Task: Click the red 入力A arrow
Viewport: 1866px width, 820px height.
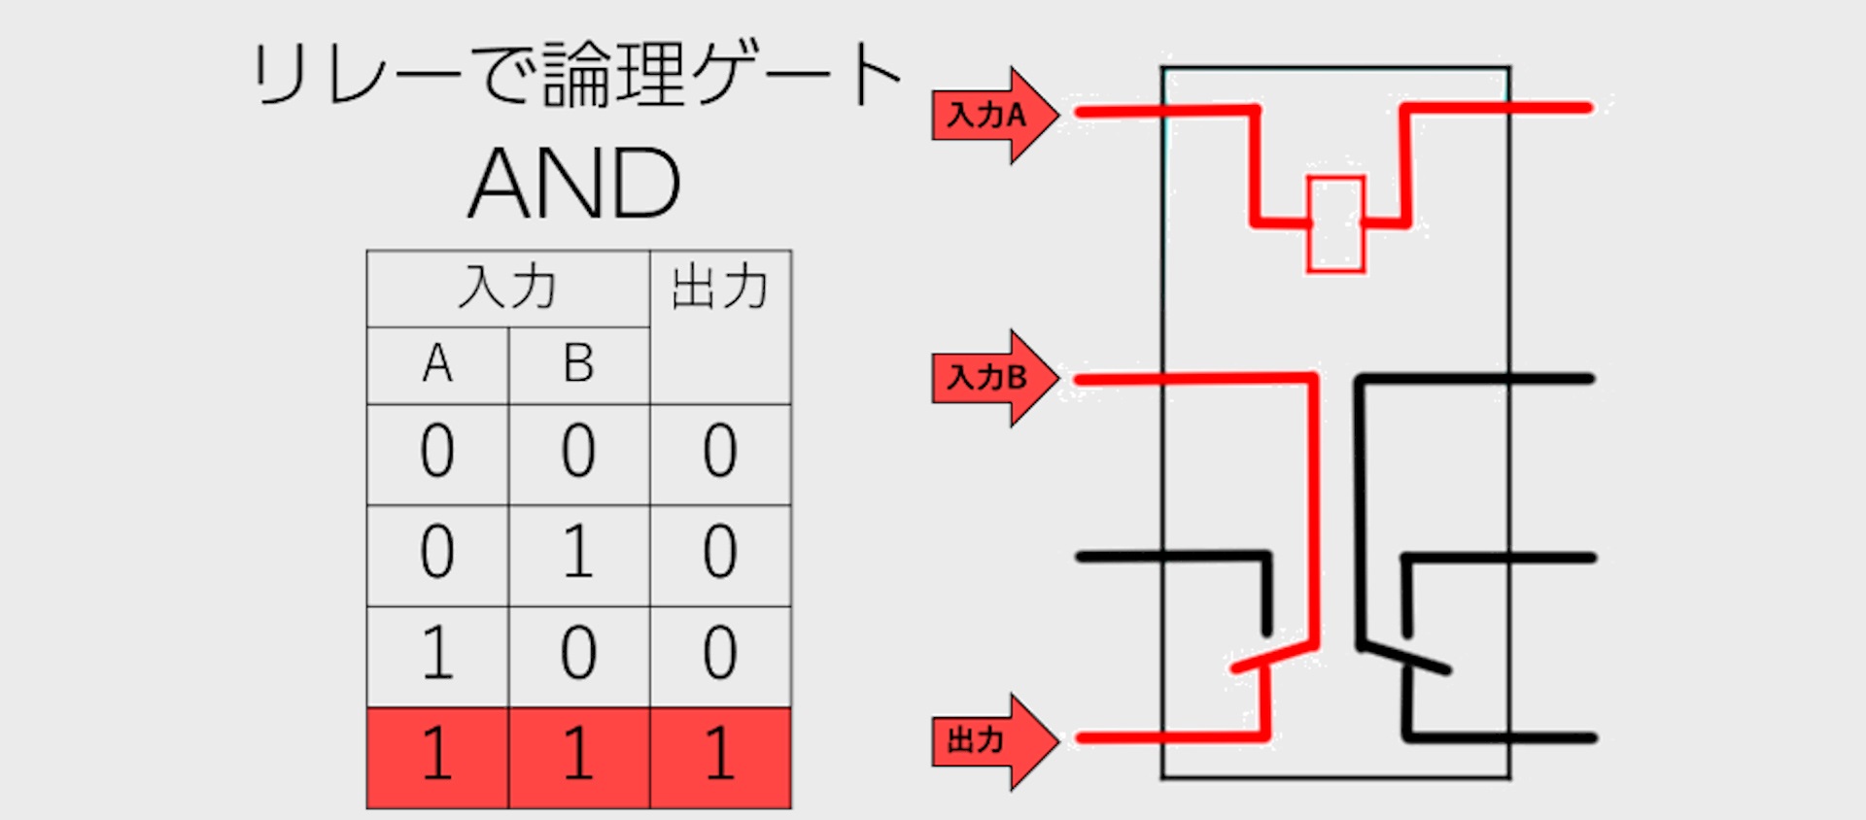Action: tap(991, 116)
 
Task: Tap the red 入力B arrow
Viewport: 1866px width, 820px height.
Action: tap(991, 378)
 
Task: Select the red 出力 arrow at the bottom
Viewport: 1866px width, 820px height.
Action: tap(991, 741)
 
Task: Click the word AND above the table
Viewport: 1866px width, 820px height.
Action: tap(575, 184)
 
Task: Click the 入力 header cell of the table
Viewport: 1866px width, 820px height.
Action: tap(507, 289)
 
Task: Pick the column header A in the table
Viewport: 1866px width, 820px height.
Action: tap(437, 365)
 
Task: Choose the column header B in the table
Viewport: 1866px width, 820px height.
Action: tap(578, 365)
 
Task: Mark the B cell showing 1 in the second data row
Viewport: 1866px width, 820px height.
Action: tap(578, 554)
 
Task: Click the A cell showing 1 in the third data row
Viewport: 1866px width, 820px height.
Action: tap(437, 654)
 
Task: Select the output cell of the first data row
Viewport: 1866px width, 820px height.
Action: tap(720, 453)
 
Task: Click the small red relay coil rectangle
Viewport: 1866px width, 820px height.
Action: tap(1335, 223)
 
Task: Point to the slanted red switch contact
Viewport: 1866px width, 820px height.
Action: tap(1274, 656)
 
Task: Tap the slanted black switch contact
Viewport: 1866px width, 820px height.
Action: tap(1405, 657)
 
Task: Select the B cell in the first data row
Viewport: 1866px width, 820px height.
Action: tap(578, 453)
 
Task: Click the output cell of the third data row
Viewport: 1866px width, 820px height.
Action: tap(720, 654)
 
